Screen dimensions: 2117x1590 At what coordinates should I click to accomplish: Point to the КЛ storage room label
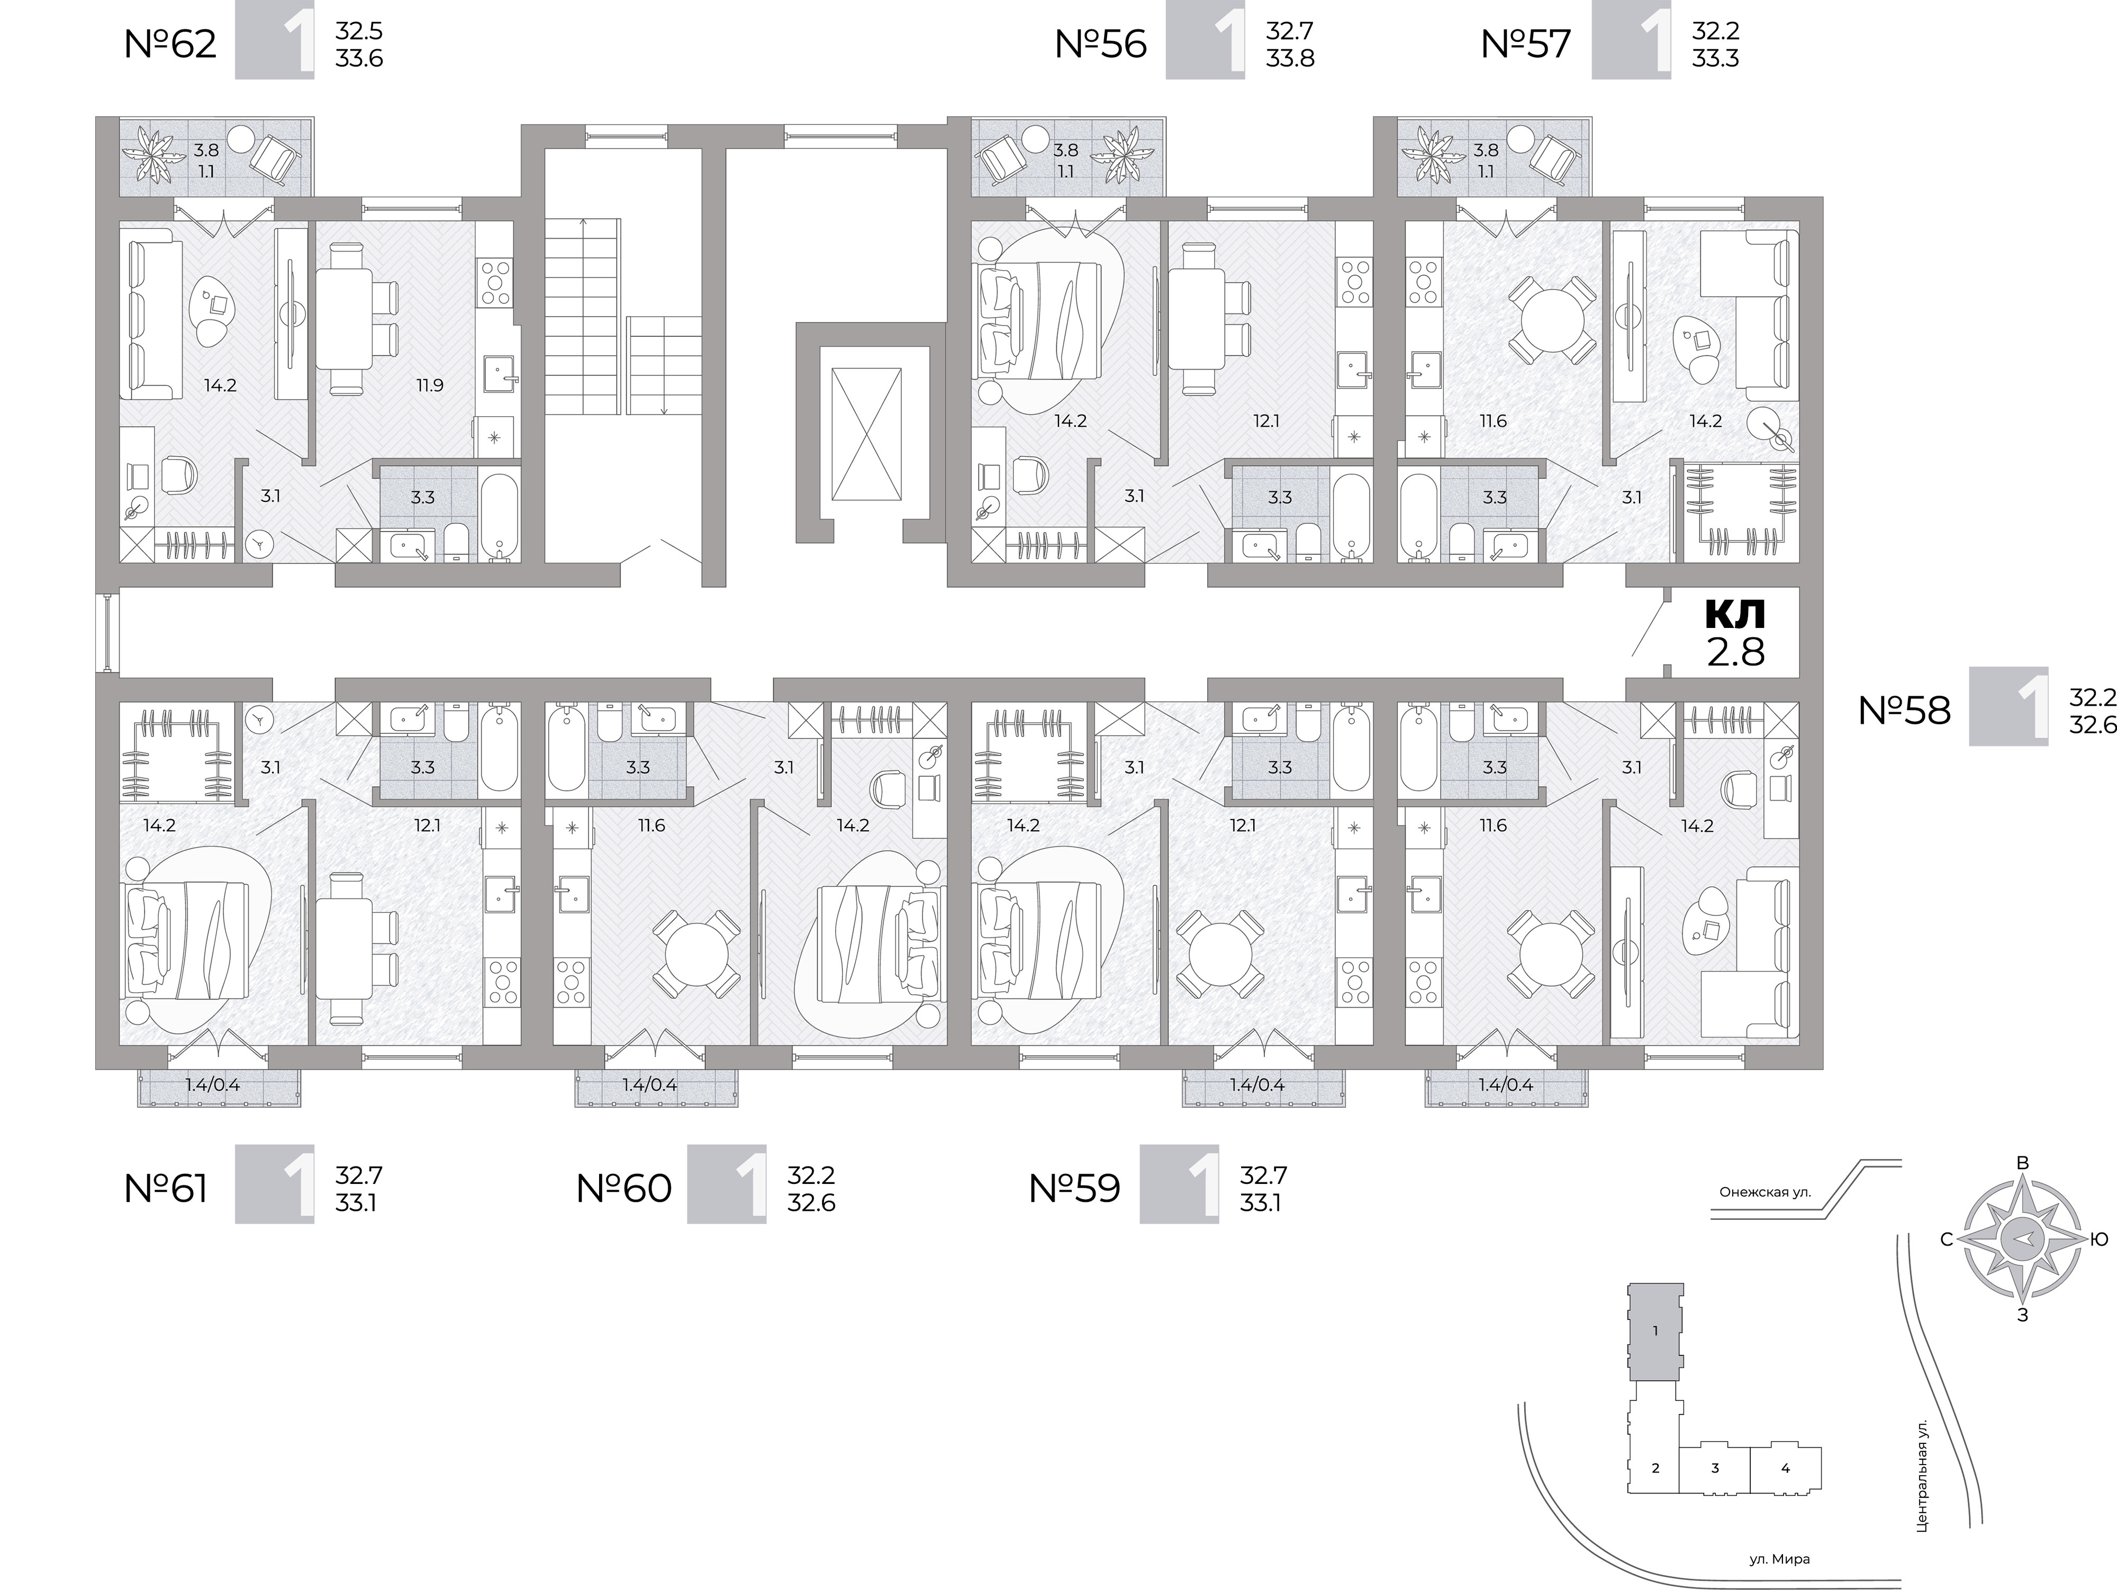click(1735, 614)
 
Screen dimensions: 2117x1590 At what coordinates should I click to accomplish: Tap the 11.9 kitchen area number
click(430, 386)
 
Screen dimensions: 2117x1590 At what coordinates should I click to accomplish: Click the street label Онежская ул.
click(1765, 1219)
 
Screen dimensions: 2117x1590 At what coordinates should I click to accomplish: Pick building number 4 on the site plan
click(1785, 1468)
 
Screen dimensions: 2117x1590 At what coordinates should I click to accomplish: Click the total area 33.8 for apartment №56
click(1290, 58)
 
